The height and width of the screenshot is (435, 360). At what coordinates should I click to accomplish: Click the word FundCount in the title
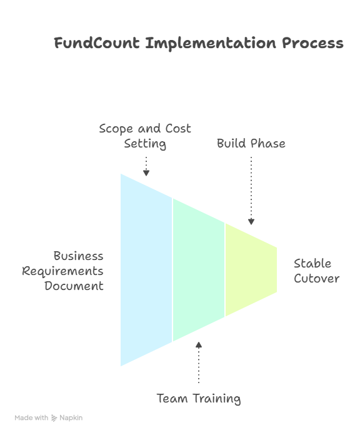tap(97, 43)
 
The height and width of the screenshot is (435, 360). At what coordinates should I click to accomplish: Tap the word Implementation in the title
tap(211, 44)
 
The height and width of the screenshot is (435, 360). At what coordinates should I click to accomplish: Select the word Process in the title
tap(312, 44)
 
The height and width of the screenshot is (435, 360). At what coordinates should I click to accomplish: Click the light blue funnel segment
tap(146, 270)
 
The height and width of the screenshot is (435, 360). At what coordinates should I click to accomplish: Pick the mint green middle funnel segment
tap(199, 270)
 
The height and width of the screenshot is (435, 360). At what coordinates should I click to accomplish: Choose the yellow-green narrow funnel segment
tap(251, 269)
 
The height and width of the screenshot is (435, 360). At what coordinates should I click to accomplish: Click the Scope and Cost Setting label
tap(145, 136)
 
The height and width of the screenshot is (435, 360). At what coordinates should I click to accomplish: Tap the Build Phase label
tap(251, 143)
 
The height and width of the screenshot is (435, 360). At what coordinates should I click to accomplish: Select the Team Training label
tap(199, 399)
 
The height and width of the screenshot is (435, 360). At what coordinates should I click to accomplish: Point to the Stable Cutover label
tap(316, 271)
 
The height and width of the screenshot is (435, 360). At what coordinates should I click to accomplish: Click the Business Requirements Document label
tap(62, 271)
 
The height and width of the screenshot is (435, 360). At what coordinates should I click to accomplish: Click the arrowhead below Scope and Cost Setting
tap(146, 173)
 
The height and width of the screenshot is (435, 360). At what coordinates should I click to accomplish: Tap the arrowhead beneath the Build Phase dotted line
tap(251, 222)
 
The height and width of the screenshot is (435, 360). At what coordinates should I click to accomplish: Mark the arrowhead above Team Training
tap(199, 345)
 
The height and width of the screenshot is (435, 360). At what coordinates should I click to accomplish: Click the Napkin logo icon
tap(54, 418)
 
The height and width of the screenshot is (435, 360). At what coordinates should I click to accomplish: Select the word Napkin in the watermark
tap(71, 417)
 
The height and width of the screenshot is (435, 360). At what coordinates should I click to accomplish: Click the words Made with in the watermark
tap(31, 417)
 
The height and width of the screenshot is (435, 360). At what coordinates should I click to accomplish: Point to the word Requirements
tap(62, 271)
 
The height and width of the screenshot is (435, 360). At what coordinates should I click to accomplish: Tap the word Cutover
tap(317, 279)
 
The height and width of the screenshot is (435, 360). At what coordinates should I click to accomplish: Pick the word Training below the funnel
tap(217, 399)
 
